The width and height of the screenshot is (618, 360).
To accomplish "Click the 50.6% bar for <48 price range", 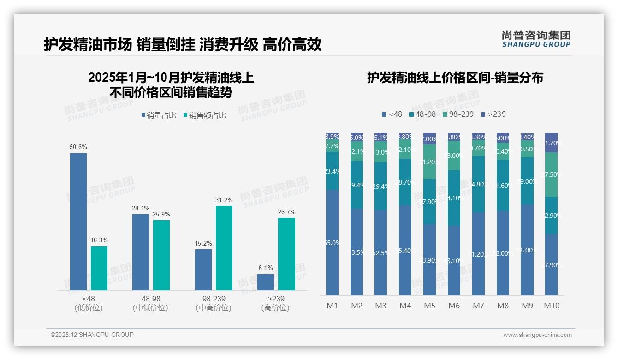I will pyautogui.click(x=78, y=222).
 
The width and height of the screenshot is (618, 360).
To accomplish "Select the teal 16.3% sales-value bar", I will pyautogui.click(x=99, y=268).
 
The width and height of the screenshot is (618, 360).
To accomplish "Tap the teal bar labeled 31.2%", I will pyautogui.click(x=224, y=248).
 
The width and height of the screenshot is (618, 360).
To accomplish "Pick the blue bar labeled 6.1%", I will pyautogui.click(x=266, y=282).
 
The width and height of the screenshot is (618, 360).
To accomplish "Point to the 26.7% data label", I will pyautogui.click(x=286, y=212).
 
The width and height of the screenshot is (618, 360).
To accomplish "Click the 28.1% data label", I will pyautogui.click(x=141, y=208).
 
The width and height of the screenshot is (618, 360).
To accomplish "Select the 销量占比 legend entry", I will pyautogui.click(x=159, y=115).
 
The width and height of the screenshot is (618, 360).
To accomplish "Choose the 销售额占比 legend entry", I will pyautogui.click(x=205, y=115).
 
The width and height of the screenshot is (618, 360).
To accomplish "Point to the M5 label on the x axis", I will pyautogui.click(x=429, y=306).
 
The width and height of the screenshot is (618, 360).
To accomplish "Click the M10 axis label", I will pyautogui.click(x=551, y=306).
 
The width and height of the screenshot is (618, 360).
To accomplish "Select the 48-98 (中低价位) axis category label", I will pyautogui.click(x=150, y=303).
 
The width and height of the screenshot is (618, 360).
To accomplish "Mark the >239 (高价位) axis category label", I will pyautogui.click(x=275, y=303).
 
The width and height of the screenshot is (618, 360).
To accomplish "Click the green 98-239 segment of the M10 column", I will pyautogui.click(x=551, y=174).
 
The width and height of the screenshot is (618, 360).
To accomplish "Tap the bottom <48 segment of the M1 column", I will pyautogui.click(x=332, y=242).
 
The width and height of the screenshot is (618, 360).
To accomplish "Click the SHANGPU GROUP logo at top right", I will pyautogui.click(x=536, y=39).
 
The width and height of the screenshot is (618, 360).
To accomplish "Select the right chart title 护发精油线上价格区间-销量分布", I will pyautogui.click(x=455, y=78).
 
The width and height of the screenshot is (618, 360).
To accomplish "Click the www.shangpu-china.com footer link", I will pyautogui.click(x=537, y=335).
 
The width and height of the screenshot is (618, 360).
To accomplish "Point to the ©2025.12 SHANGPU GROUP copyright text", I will pyautogui.click(x=92, y=335).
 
